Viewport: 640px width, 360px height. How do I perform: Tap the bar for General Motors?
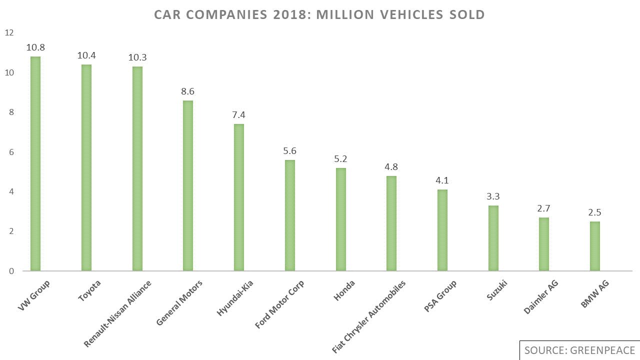188,185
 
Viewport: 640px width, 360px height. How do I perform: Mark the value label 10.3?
137,57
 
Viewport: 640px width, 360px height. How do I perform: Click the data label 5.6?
290,151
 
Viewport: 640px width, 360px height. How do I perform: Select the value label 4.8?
391,167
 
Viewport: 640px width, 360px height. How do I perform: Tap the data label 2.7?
543,208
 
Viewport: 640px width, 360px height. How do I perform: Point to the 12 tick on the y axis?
9,33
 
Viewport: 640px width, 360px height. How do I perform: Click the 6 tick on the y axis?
11,152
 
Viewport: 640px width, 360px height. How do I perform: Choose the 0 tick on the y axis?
11,271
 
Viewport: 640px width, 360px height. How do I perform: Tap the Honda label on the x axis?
344,291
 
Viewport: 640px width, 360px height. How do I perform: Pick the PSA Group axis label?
440,296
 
